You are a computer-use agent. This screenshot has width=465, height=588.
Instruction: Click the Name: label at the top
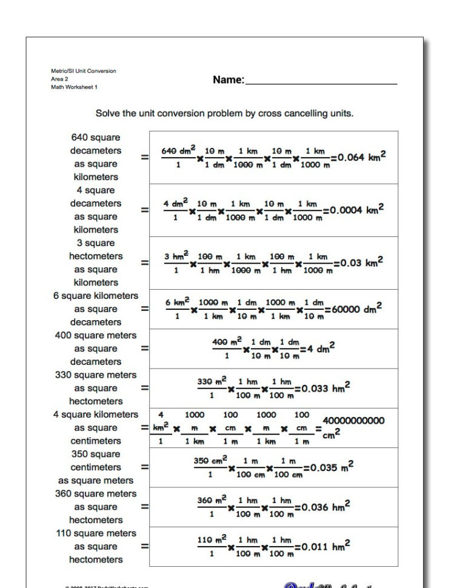[229, 80]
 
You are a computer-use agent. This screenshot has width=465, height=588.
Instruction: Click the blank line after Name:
[321, 81]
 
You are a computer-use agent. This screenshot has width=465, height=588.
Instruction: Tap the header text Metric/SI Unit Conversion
[83, 71]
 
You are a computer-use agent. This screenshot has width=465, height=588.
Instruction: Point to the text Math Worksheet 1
[74, 87]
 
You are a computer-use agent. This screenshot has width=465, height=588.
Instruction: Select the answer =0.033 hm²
[322, 388]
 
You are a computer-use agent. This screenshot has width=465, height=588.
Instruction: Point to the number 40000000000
[353, 421]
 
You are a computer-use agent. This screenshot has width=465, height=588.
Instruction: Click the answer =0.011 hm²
[322, 546]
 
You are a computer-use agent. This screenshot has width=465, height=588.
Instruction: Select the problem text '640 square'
[96, 138]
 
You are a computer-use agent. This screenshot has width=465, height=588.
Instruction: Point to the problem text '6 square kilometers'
[96, 296]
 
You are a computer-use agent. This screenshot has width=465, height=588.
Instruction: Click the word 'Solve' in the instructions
[109, 113]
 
